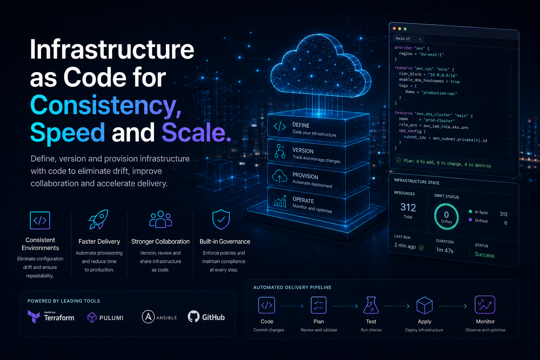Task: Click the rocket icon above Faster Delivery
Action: [x=98, y=219]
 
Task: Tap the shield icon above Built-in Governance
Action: [x=221, y=219]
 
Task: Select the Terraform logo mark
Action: [x=34, y=316]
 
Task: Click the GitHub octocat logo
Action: [x=194, y=316]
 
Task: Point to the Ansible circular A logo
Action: [x=148, y=317]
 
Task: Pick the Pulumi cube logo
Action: [x=92, y=317]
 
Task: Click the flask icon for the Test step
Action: [x=371, y=305]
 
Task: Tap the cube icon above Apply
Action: [x=425, y=305]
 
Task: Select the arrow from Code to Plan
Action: [x=292, y=306]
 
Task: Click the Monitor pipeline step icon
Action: [x=485, y=304]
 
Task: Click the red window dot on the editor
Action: [x=394, y=28]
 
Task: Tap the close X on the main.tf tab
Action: [x=420, y=39]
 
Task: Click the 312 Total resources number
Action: [x=408, y=207]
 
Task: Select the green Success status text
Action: [x=484, y=255]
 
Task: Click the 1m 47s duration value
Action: [x=444, y=250]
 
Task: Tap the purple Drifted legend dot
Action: [x=470, y=220]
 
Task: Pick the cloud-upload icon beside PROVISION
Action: [x=279, y=176]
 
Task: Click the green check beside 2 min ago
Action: [x=421, y=247]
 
